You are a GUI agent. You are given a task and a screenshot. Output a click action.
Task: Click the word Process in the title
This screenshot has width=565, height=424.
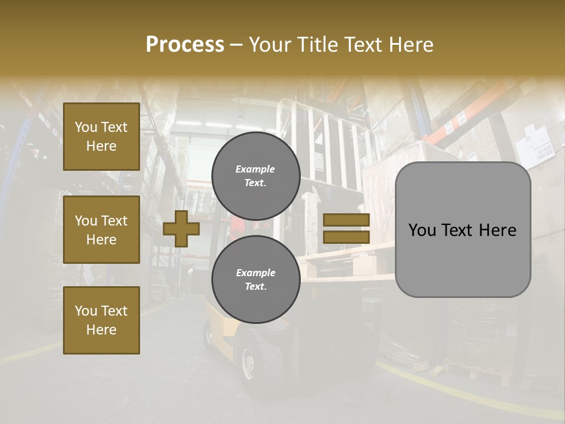point(185,45)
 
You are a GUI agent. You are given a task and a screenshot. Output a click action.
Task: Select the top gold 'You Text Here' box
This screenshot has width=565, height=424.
point(101,137)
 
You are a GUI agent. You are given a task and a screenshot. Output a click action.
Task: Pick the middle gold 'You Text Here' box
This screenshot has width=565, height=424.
point(101,230)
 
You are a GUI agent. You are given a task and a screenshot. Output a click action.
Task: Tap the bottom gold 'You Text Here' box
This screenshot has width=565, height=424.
point(101,320)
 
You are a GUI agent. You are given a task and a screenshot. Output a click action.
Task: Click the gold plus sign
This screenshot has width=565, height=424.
point(181,228)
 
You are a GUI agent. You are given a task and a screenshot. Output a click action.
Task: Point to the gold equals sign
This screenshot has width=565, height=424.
point(346,228)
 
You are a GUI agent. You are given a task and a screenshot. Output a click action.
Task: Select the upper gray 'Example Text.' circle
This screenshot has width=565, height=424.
point(255,176)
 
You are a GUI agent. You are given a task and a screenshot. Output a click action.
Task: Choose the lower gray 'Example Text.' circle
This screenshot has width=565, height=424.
point(255,280)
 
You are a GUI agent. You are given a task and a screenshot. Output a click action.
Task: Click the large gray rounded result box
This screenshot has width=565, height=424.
point(463,230)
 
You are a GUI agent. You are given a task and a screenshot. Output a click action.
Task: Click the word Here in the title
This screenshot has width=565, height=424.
point(412,45)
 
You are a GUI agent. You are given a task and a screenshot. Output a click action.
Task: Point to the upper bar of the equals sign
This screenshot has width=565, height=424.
point(346,220)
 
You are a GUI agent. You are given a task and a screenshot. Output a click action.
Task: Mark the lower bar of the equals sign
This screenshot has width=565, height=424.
point(346,237)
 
